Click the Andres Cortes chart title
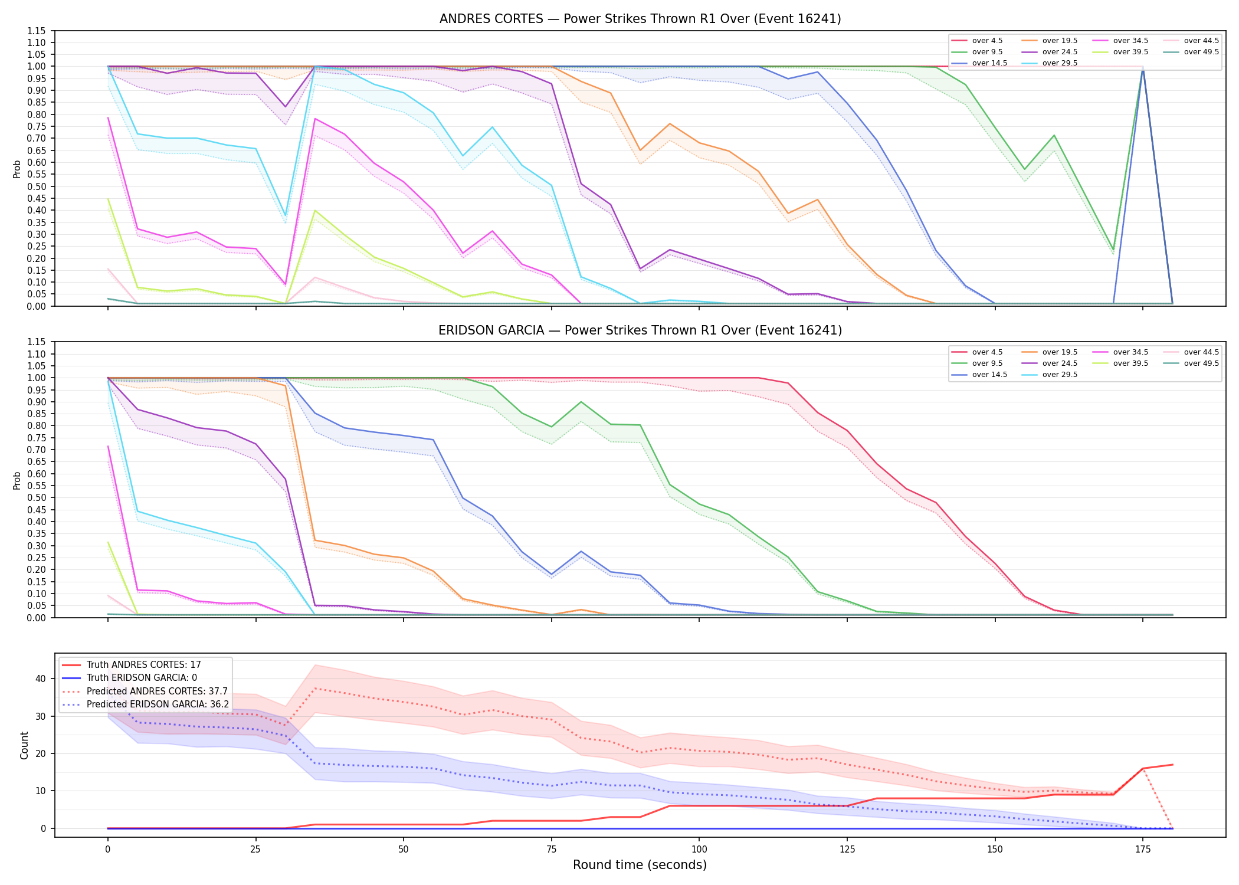[640, 19]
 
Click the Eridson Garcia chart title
[640, 330]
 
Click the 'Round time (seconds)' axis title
[640, 865]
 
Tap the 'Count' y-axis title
[24, 745]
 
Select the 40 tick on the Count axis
[40, 678]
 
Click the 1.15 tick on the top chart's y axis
[36, 31]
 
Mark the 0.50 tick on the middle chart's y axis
[36, 497]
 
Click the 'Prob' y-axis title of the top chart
[17, 169]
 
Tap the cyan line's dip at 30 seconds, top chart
[286, 215]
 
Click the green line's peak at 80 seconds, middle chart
[581, 402]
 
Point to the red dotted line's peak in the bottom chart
[316, 688]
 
